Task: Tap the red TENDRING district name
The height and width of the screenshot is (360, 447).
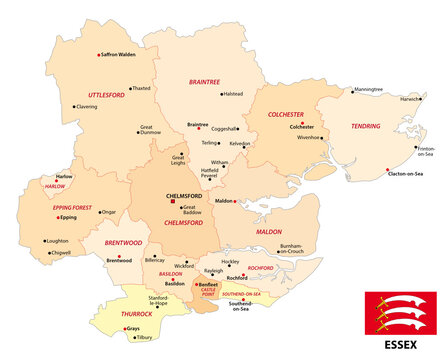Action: coord(366,127)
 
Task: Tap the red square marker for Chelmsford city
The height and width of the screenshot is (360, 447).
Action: coord(173,202)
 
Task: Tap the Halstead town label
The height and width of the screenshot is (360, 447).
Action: coord(232,94)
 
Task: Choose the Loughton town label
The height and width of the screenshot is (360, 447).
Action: coord(58,241)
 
